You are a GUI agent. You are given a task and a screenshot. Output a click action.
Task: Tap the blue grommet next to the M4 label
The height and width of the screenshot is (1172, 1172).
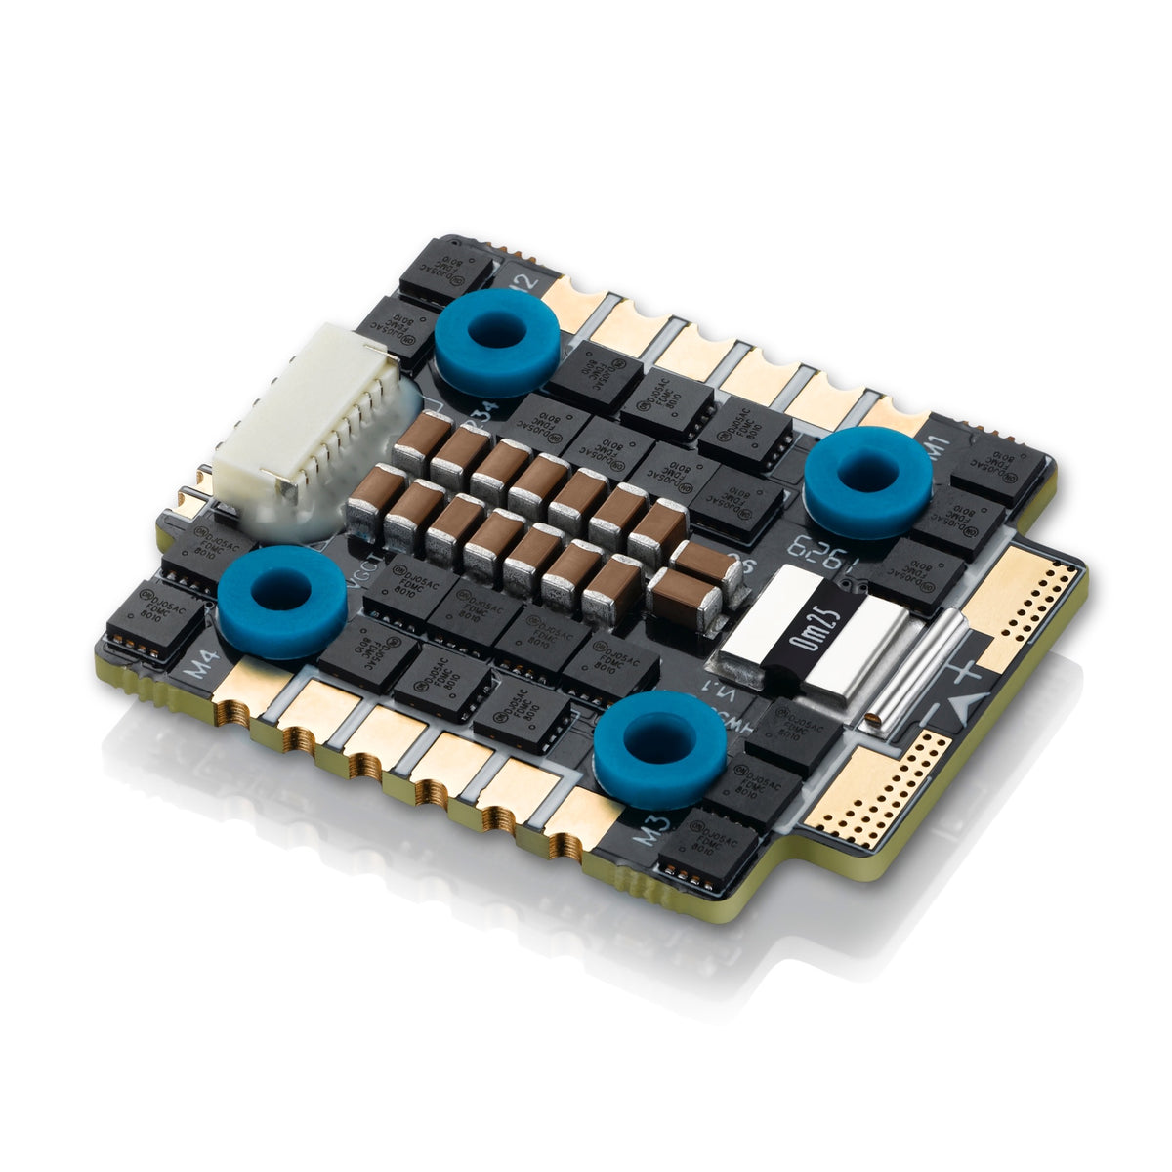pyautogui.click(x=281, y=600)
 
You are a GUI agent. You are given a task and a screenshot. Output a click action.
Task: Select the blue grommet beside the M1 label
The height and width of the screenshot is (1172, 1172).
pyautogui.click(x=867, y=481)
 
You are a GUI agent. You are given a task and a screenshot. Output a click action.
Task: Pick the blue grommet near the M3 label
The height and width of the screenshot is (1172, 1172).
pyautogui.click(x=659, y=747)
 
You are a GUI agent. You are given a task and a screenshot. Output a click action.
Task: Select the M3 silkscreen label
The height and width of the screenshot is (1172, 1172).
pyautogui.click(x=651, y=831)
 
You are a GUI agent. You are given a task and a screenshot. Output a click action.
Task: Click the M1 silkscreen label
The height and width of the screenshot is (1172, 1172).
pyautogui.click(x=939, y=450)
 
